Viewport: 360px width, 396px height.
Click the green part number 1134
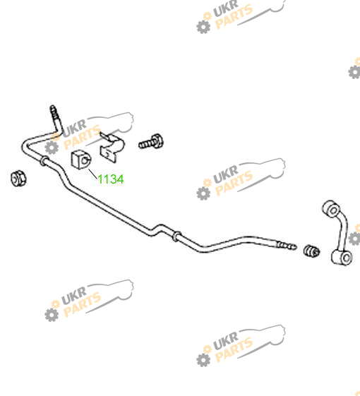click(111, 179)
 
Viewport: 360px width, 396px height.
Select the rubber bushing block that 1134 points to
click(81, 160)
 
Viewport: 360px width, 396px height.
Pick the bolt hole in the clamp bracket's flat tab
click(107, 154)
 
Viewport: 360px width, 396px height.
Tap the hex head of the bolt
click(157, 140)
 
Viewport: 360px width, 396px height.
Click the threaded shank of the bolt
click(145, 145)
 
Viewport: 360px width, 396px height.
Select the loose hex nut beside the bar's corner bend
click(18, 179)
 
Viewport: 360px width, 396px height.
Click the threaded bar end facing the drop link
click(287, 246)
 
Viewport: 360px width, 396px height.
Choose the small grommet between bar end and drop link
click(311, 251)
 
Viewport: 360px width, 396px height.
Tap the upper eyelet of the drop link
click(332, 209)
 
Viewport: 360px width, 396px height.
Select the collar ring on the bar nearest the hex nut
click(44, 161)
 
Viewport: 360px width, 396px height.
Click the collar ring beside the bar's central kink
click(176, 236)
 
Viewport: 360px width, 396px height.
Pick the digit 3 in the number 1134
click(112, 179)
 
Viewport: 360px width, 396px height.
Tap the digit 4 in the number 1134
click(120, 179)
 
